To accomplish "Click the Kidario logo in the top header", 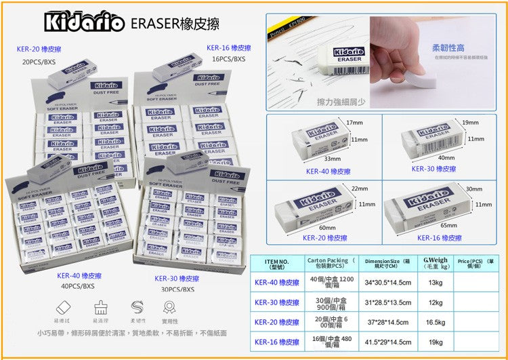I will (85, 22).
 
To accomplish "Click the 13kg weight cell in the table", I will (436, 283).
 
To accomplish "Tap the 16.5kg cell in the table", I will (436, 323).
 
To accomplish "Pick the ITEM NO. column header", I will (276, 264).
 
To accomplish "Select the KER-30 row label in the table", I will (276, 303).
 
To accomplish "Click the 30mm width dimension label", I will (474, 188).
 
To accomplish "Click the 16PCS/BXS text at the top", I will (228, 59).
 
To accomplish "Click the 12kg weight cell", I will (436, 303).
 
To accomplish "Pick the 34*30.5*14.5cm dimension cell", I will (388, 283).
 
